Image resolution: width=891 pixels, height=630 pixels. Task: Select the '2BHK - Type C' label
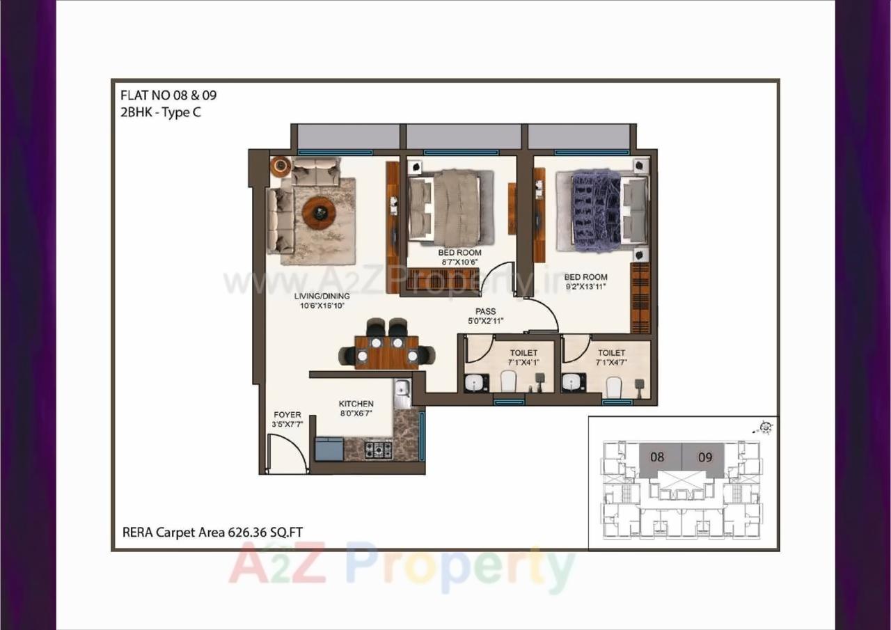pos(161,112)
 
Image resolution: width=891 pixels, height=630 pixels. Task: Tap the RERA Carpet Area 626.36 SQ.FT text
pos(212,533)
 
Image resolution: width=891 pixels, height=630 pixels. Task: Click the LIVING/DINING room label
pos(322,296)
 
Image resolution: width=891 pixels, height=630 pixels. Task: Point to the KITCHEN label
pos(356,404)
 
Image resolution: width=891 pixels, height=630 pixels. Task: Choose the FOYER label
pos(287,415)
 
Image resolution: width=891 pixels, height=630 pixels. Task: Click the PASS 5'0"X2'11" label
pos(485,312)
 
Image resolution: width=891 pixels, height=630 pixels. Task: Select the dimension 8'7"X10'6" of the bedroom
pos(459,262)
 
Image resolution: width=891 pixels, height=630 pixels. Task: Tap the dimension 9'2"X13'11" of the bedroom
pos(585,286)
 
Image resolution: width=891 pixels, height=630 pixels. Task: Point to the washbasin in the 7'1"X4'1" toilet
pos(476,382)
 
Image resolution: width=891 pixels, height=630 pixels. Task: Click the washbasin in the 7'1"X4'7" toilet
pos(574,382)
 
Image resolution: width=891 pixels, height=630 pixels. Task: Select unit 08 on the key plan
pos(656,457)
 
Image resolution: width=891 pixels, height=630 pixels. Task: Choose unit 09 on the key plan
pos(705,457)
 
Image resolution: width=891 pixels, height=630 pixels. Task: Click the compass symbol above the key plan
pos(766,427)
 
